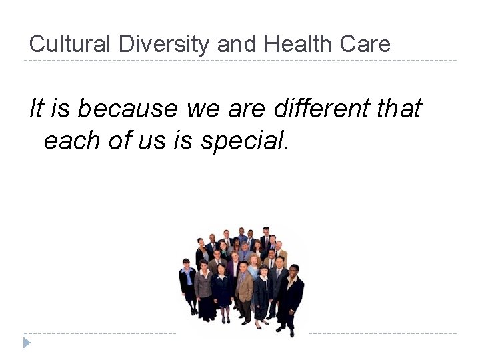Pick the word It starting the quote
[36, 107]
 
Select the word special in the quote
[249, 141]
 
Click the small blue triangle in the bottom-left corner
[26, 343]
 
